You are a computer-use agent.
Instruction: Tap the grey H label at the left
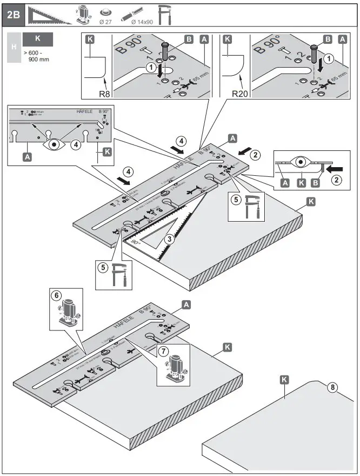13,48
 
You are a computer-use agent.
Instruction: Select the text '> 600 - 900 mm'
37,56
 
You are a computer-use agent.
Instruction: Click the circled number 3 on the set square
170,239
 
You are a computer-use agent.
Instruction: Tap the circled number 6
56,296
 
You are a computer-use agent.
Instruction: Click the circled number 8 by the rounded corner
334,387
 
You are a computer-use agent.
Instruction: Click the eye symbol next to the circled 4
54,144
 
